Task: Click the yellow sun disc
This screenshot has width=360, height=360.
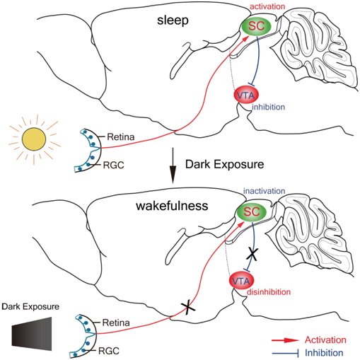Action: pyautogui.click(x=34, y=139)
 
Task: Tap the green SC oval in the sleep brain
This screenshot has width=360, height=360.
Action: pyautogui.click(x=256, y=25)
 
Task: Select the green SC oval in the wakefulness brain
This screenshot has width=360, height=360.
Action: pyautogui.click(x=252, y=211)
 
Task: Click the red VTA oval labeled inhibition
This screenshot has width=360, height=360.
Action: pyautogui.click(x=246, y=95)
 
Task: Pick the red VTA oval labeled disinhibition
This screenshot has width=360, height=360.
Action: pyautogui.click(x=241, y=281)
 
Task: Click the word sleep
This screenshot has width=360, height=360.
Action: pyautogui.click(x=173, y=20)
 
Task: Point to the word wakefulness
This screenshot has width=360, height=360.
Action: pyautogui.click(x=172, y=206)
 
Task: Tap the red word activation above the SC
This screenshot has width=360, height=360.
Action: pyautogui.click(x=267, y=6)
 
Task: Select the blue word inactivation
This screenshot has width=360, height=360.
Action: pyautogui.click(x=264, y=191)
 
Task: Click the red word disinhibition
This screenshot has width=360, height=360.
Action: pyautogui.click(x=269, y=292)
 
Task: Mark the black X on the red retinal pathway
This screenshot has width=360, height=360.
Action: pyautogui.click(x=187, y=307)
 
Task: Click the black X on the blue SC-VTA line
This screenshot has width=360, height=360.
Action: pyautogui.click(x=252, y=254)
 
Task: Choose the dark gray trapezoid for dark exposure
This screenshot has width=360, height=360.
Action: pyautogui.click(x=32, y=334)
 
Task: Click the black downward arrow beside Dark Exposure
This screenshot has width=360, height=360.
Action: pyautogui.click(x=173, y=166)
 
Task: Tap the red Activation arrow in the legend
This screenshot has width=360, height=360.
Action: pyautogui.click(x=285, y=340)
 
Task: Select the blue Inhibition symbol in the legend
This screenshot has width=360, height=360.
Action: pyautogui.click(x=285, y=353)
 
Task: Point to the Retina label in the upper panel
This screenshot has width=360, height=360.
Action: pyautogui.click(x=121, y=137)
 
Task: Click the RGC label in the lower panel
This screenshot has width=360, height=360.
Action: pyautogui.click(x=109, y=351)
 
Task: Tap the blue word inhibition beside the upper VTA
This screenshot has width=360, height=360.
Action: pyautogui.click(x=268, y=107)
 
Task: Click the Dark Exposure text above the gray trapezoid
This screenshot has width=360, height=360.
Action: pyautogui.click(x=30, y=306)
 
